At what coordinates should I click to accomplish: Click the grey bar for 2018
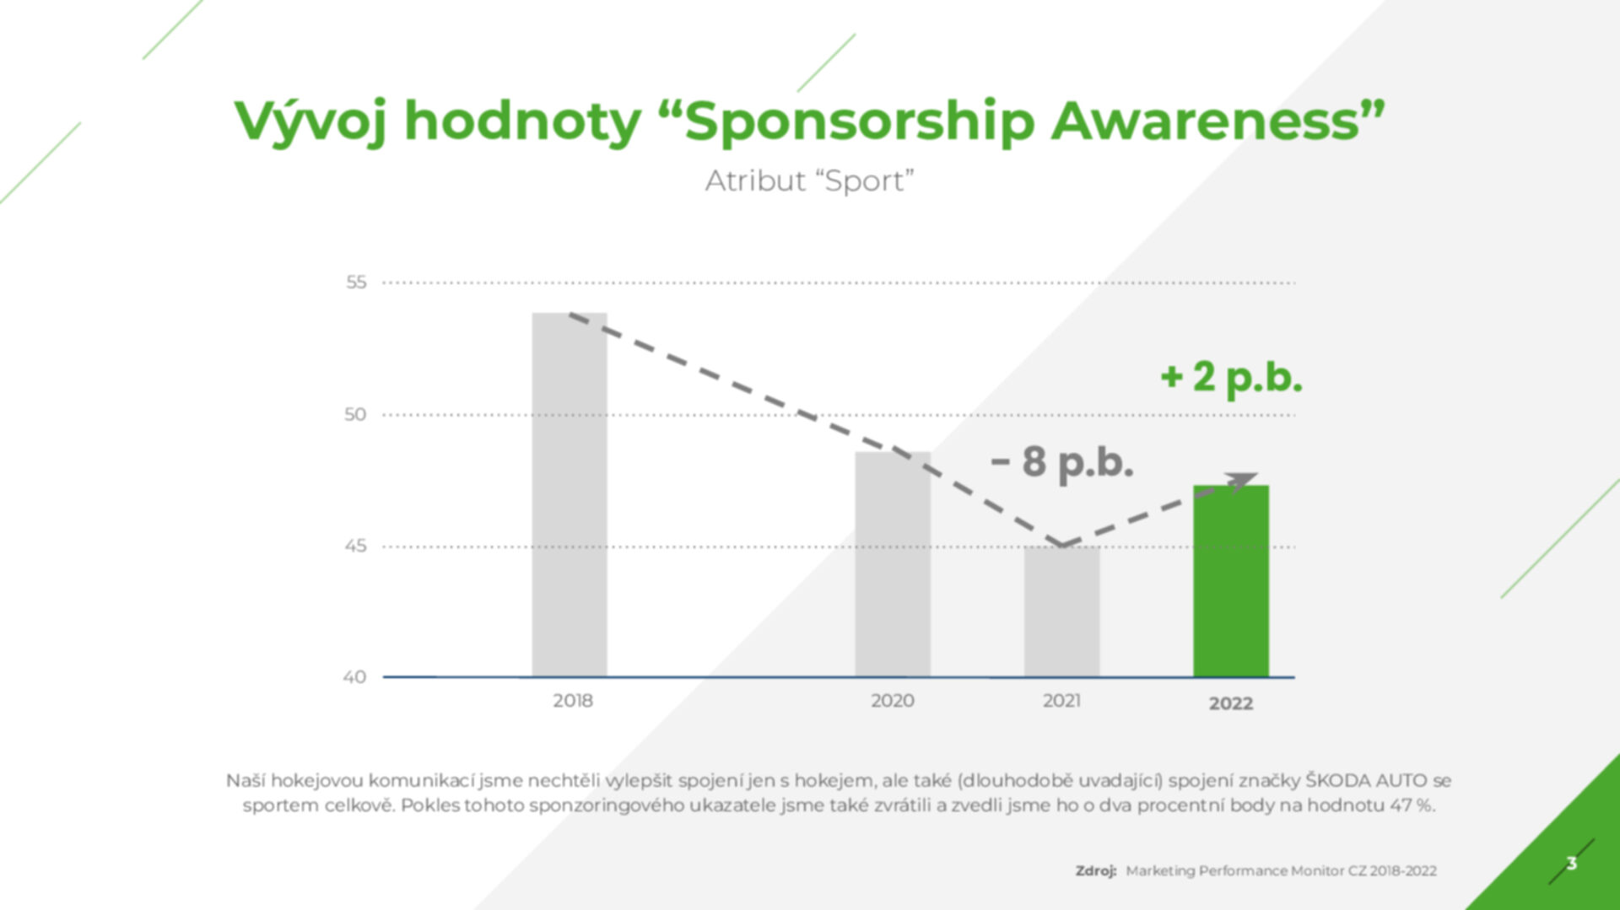point(570,495)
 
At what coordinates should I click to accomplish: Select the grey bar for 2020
point(893,564)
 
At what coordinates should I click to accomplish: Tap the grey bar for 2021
point(1062,611)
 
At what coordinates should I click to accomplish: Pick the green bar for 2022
point(1231,581)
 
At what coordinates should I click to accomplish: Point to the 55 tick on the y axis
point(356,283)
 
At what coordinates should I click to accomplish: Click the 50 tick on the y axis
point(355,414)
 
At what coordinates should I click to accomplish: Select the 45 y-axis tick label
point(355,546)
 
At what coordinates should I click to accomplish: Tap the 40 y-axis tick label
point(354,676)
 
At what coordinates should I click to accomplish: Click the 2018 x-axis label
point(573,701)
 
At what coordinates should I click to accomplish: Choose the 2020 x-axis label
point(893,701)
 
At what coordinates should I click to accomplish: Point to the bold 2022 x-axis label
point(1231,703)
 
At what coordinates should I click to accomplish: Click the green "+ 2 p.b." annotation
point(1231,377)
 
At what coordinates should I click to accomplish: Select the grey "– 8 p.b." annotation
point(1061,462)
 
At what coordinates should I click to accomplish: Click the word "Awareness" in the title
point(1206,121)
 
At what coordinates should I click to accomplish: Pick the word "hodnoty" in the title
point(523,122)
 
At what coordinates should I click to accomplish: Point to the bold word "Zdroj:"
point(1096,871)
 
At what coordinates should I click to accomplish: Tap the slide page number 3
point(1571,863)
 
